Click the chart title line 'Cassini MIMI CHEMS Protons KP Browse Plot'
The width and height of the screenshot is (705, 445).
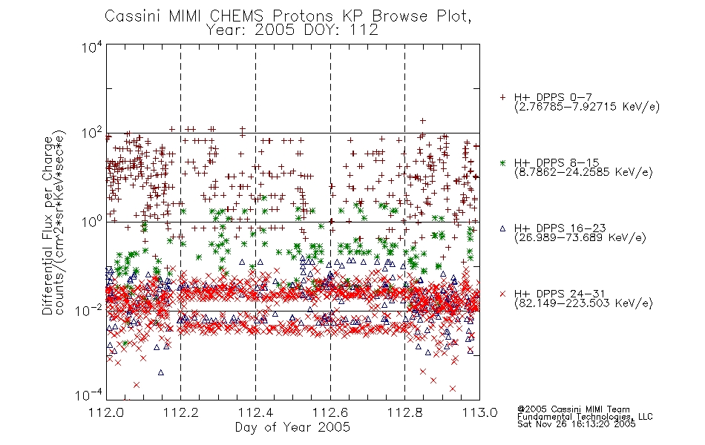pos(288,16)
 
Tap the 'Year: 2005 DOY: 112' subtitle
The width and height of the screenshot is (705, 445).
pos(292,30)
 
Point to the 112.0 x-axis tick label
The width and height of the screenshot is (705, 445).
pos(107,412)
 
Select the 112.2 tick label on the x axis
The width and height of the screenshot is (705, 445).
pos(181,412)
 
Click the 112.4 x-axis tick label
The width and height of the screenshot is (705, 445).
pos(256,412)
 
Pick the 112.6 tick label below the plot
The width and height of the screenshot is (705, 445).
pos(330,412)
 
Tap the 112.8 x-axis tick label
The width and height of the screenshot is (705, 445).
pos(404,412)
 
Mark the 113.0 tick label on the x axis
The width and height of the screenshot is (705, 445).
pos(479,412)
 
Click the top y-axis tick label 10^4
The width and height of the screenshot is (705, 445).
pos(92,47)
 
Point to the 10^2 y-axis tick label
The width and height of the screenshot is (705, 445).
pos(92,133)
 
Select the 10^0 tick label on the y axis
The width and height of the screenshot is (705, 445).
pos(92,222)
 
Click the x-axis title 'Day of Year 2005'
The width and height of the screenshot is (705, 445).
pos(292,427)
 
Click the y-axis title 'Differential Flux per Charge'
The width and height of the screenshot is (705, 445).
pos(47,225)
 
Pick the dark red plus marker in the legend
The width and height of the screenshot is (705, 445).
pos(502,97)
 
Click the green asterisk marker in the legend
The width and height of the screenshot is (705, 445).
pos(502,162)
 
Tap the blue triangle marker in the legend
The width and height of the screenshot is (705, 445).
pos(502,228)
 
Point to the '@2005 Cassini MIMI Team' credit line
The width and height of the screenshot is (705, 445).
pos(573,409)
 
